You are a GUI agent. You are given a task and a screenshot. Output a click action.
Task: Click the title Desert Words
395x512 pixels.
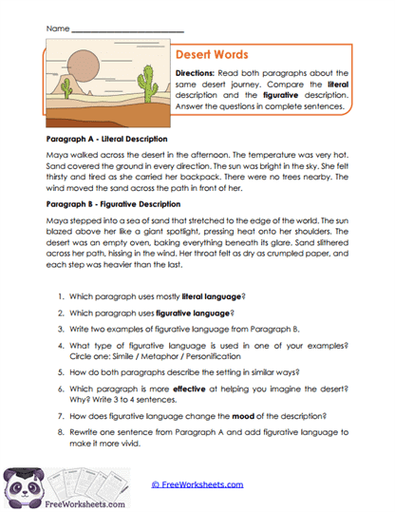[212, 55]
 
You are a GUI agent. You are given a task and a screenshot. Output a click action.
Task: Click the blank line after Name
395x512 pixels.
[127, 29]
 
